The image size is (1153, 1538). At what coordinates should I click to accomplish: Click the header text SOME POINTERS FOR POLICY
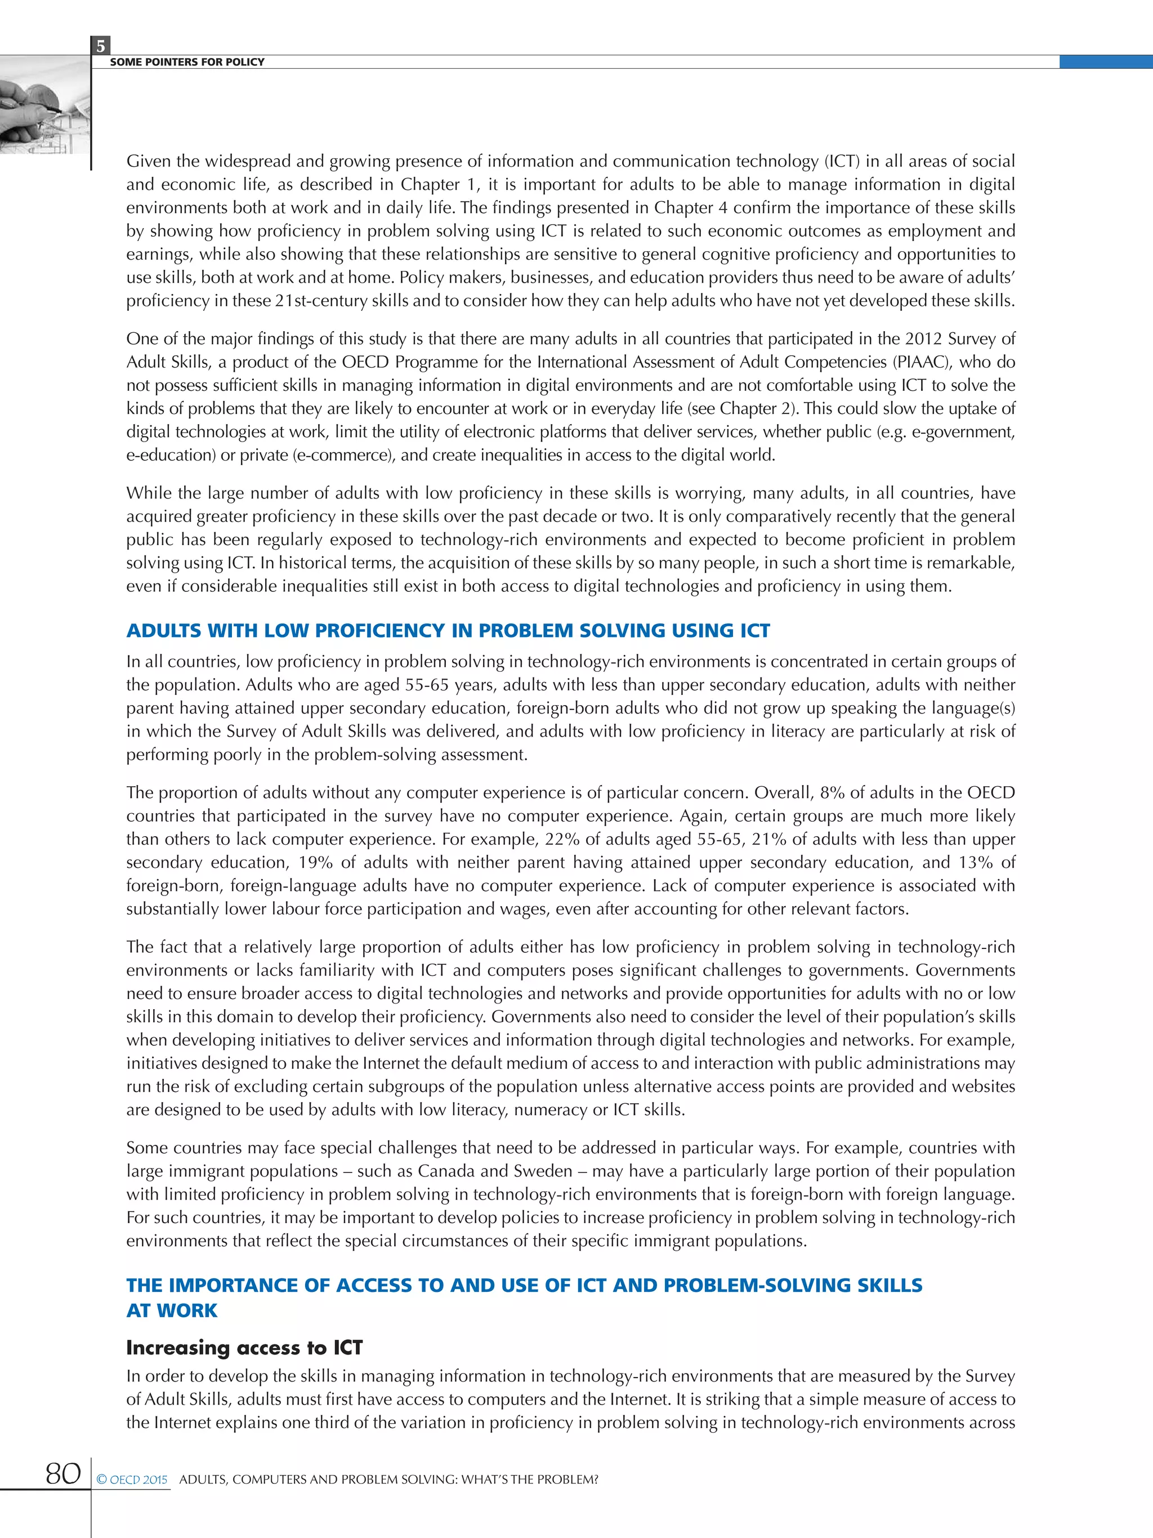pyautogui.click(x=187, y=62)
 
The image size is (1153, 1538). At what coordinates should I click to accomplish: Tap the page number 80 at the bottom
pyautogui.click(x=62, y=1473)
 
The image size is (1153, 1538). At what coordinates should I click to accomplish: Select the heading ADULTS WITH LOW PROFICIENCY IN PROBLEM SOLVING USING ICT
pyautogui.click(x=448, y=631)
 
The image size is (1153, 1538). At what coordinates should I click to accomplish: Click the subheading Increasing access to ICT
pyautogui.click(x=244, y=1348)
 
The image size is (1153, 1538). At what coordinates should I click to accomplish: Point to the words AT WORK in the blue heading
pyautogui.click(x=172, y=1310)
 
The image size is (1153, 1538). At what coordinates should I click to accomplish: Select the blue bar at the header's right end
pyautogui.click(x=1105, y=62)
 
